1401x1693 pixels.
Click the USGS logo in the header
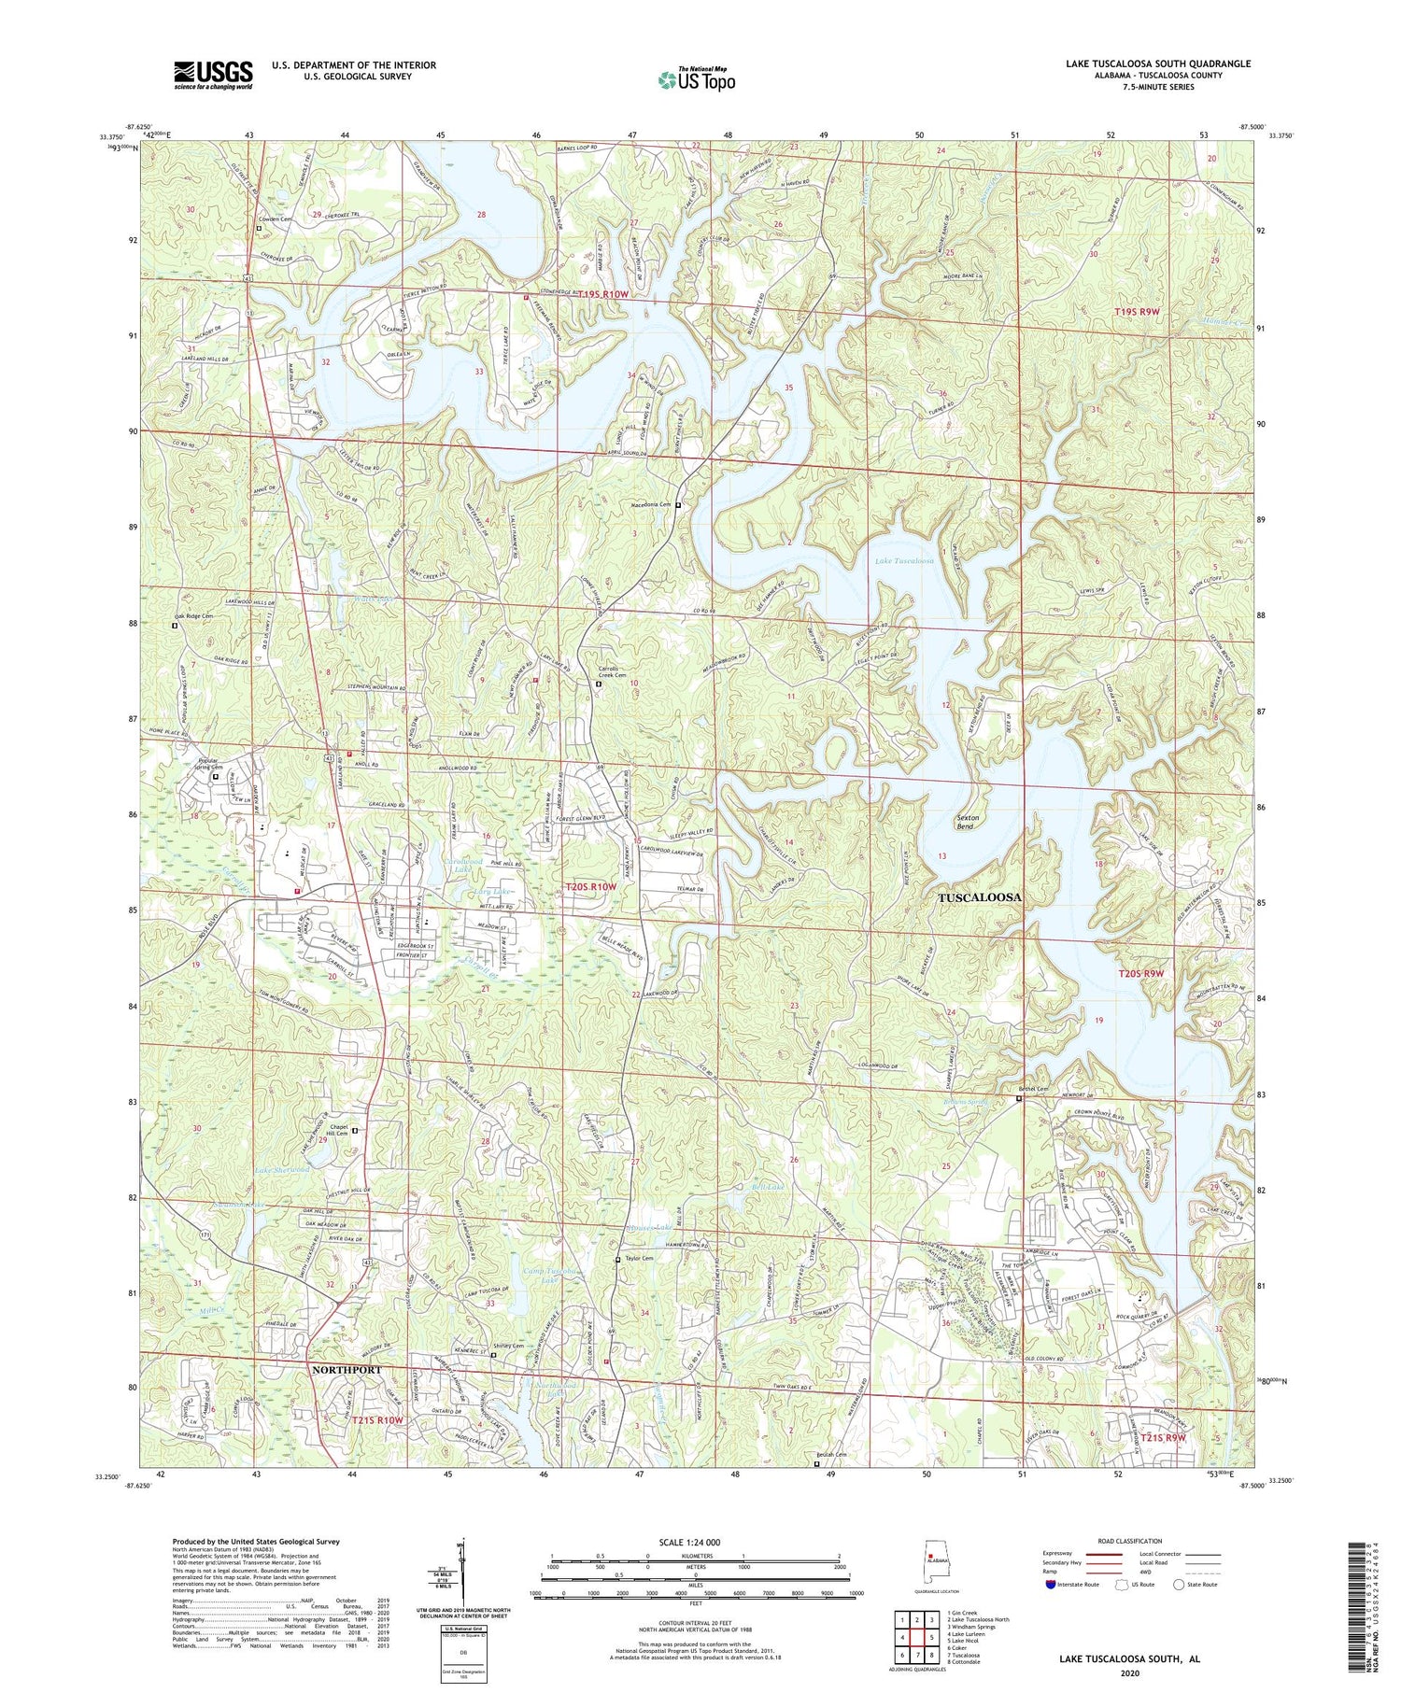click(x=213, y=75)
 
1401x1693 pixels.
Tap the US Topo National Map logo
click(x=696, y=79)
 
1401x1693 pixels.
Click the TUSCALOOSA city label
click(x=979, y=896)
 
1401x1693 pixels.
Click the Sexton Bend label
click(x=966, y=821)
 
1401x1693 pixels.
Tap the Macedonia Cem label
click(x=652, y=504)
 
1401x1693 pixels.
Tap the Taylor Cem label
click(x=639, y=1259)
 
